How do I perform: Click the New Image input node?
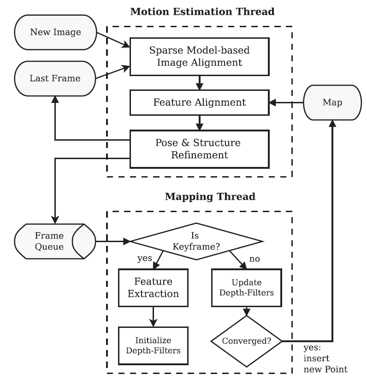[55, 32]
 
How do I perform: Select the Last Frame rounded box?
[55, 78]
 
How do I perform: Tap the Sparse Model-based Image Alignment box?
[199, 57]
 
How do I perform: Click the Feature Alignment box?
[199, 102]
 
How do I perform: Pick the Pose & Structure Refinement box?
[199, 148]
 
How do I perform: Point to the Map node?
[332, 102]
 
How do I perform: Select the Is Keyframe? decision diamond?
[197, 241]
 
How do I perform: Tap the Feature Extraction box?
[153, 287]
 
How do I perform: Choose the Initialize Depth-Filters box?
[153, 345]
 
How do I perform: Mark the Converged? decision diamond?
[246, 341]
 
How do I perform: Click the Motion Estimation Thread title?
[202, 12]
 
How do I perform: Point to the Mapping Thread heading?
[210, 196]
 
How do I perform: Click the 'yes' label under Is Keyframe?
[144, 259]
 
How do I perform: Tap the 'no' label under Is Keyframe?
[255, 259]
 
